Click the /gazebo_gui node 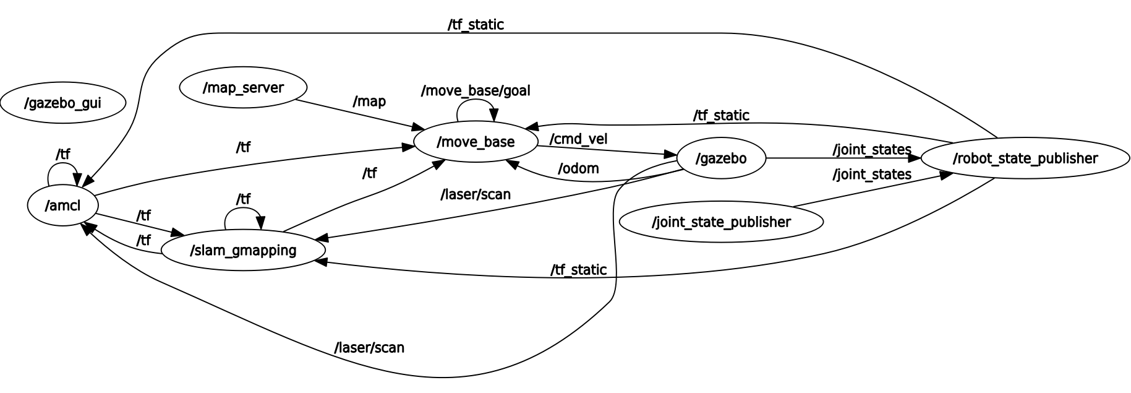(62, 103)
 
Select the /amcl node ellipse (62, 205)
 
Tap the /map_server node (243, 88)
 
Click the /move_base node (476, 142)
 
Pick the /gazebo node (721, 158)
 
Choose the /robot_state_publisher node (1025, 158)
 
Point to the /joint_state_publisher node (721, 222)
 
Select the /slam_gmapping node (242, 250)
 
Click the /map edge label (369, 101)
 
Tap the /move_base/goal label (476, 91)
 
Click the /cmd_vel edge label (578, 139)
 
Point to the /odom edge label (578, 168)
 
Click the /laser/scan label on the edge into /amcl (369, 348)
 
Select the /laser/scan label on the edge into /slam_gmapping (476, 194)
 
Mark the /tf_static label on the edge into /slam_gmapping (578, 270)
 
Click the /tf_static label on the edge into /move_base (721, 116)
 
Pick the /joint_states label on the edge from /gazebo (872, 150)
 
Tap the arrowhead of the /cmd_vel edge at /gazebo (671, 154)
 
